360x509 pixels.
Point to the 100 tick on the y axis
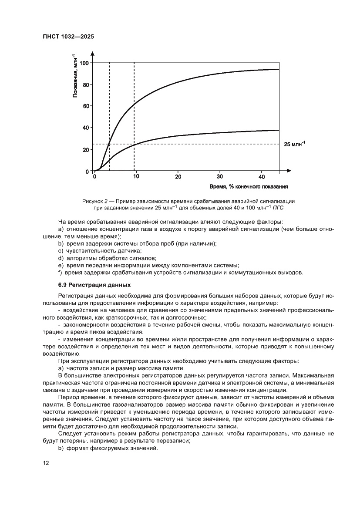pyautogui.click(x=84, y=63)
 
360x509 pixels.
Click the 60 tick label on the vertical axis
pyautogui.click(x=86, y=106)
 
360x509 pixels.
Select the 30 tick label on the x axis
pyautogui.click(x=220, y=177)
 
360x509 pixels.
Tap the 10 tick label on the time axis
pyautogui.click(x=136, y=177)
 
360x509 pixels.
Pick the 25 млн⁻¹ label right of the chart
pyautogui.click(x=295, y=144)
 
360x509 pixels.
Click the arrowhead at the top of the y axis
pyautogui.click(x=93, y=54)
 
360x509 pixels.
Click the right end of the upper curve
pyautogui.click(x=279, y=69)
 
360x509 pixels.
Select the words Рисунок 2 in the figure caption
pyautogui.click(x=95, y=202)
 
